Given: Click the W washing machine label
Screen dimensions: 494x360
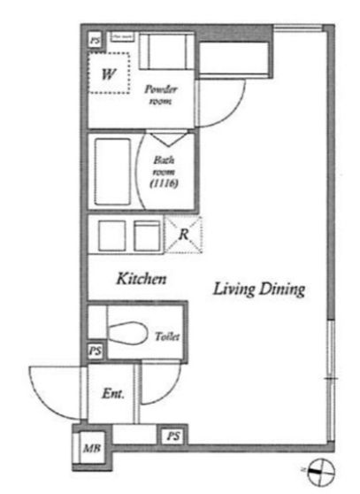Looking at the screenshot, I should [108, 73].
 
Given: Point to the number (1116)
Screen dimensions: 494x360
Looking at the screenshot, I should [164, 183].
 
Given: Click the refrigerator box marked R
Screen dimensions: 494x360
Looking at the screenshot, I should [183, 235].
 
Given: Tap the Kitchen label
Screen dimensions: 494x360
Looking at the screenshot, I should [142, 280].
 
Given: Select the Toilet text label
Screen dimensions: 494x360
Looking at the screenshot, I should [167, 336].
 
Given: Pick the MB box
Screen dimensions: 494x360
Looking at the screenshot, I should [89, 448].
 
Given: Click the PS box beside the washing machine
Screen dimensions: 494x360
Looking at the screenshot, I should [95, 39].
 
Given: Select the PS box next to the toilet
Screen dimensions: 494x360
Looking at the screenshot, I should [96, 351].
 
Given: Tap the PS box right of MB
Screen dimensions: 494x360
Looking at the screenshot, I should [173, 436].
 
